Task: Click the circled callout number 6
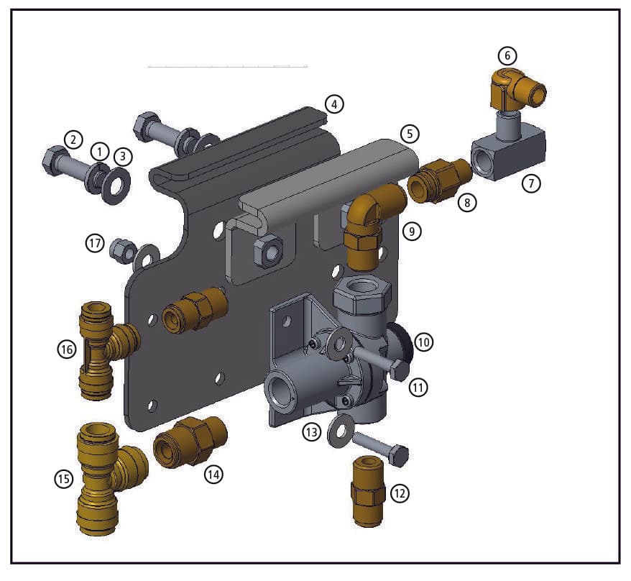(x=507, y=55)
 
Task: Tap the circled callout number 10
(x=423, y=343)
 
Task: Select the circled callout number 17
(x=95, y=244)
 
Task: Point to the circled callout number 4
(x=334, y=105)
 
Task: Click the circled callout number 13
(x=312, y=432)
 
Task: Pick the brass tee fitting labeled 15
(x=109, y=478)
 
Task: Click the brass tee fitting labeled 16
(x=106, y=349)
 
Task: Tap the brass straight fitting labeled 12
(x=367, y=491)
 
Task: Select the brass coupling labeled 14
(x=190, y=442)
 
